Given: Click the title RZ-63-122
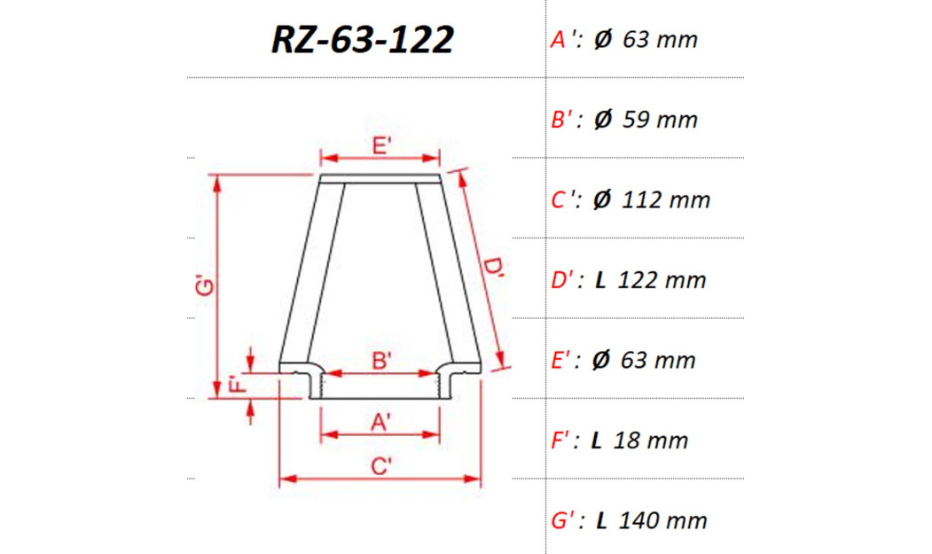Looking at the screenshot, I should (x=363, y=40).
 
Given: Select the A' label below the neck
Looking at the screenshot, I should (x=381, y=423).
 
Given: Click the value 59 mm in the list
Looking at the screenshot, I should (x=660, y=120).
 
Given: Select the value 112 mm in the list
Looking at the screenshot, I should (x=666, y=200).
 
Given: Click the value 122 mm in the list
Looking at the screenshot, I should (x=662, y=281).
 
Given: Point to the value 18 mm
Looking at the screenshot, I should (x=654, y=441).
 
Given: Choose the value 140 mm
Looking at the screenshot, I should (x=663, y=520).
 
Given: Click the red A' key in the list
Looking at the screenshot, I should (x=566, y=40).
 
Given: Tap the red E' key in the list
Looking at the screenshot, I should (x=566, y=361).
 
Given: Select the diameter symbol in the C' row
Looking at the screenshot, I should (x=602, y=200).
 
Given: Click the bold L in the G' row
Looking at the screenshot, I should (x=601, y=520).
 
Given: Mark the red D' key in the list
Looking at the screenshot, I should (x=566, y=281).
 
